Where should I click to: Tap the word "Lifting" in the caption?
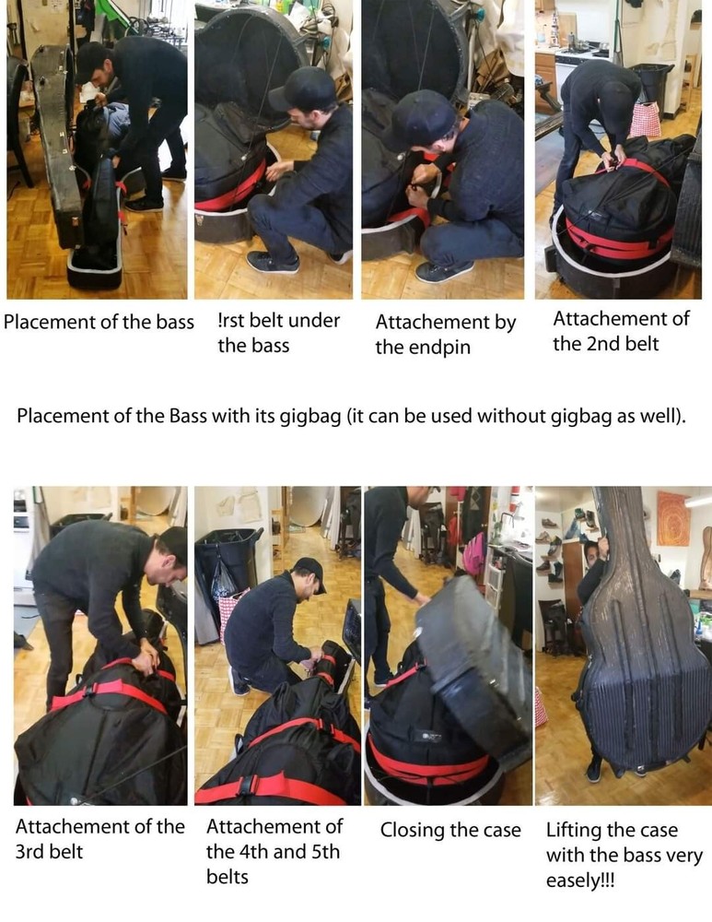coord(577,829)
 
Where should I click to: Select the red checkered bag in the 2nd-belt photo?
coord(646,118)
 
